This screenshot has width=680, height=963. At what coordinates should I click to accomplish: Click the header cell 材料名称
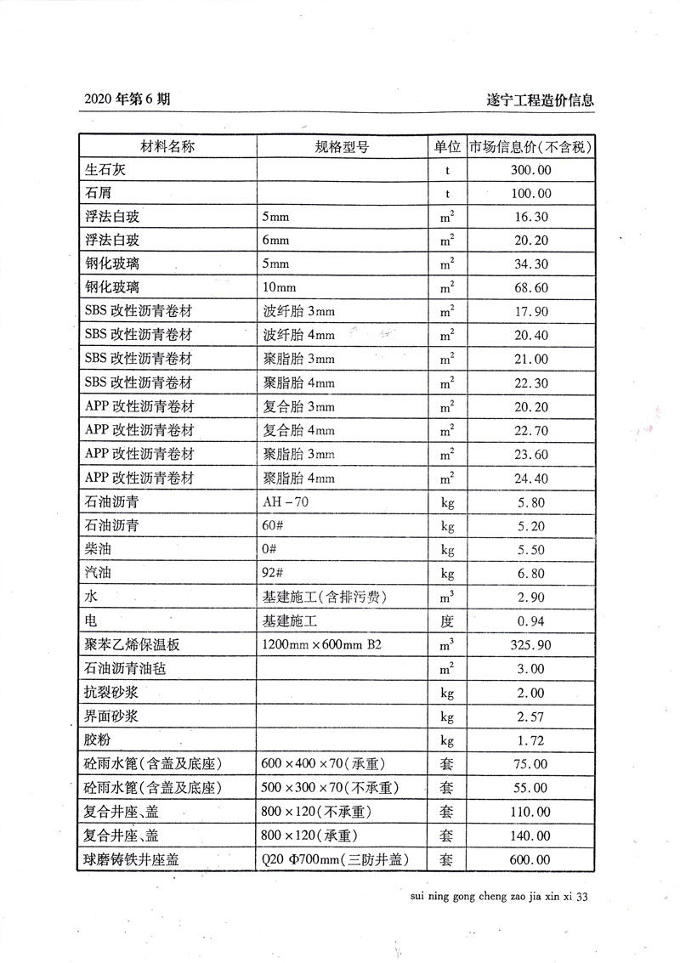click(167, 146)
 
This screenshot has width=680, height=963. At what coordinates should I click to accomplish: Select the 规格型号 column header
click(342, 146)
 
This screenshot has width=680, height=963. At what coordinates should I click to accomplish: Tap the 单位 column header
click(446, 146)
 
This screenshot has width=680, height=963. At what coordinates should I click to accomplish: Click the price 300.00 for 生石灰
click(530, 170)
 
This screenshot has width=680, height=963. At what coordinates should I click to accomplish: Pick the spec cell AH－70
click(286, 502)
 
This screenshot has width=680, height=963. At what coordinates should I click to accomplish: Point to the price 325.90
click(530, 645)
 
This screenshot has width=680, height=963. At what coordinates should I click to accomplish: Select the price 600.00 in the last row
click(530, 859)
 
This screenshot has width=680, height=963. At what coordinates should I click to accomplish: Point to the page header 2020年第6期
click(127, 99)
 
